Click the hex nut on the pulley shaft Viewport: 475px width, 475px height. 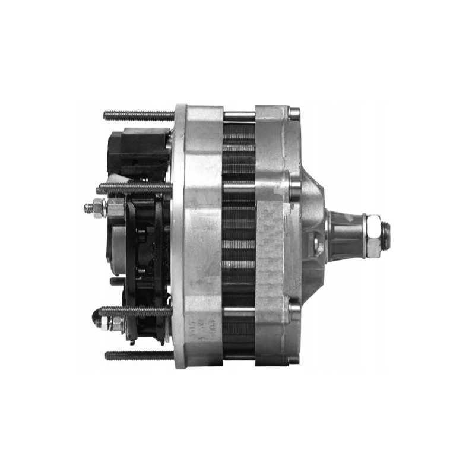pyautogui.click(x=373, y=236)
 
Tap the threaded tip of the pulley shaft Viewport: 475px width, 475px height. pyautogui.click(x=385, y=236)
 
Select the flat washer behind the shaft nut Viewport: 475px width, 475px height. pyautogui.click(x=363, y=236)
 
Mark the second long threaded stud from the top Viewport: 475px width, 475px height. pyautogui.click(x=134, y=189)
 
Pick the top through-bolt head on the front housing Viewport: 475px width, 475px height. pyautogui.click(x=294, y=113)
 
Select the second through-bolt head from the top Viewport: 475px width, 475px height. pyautogui.click(x=294, y=187)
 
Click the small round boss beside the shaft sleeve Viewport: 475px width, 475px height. pyautogui.click(x=318, y=243)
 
